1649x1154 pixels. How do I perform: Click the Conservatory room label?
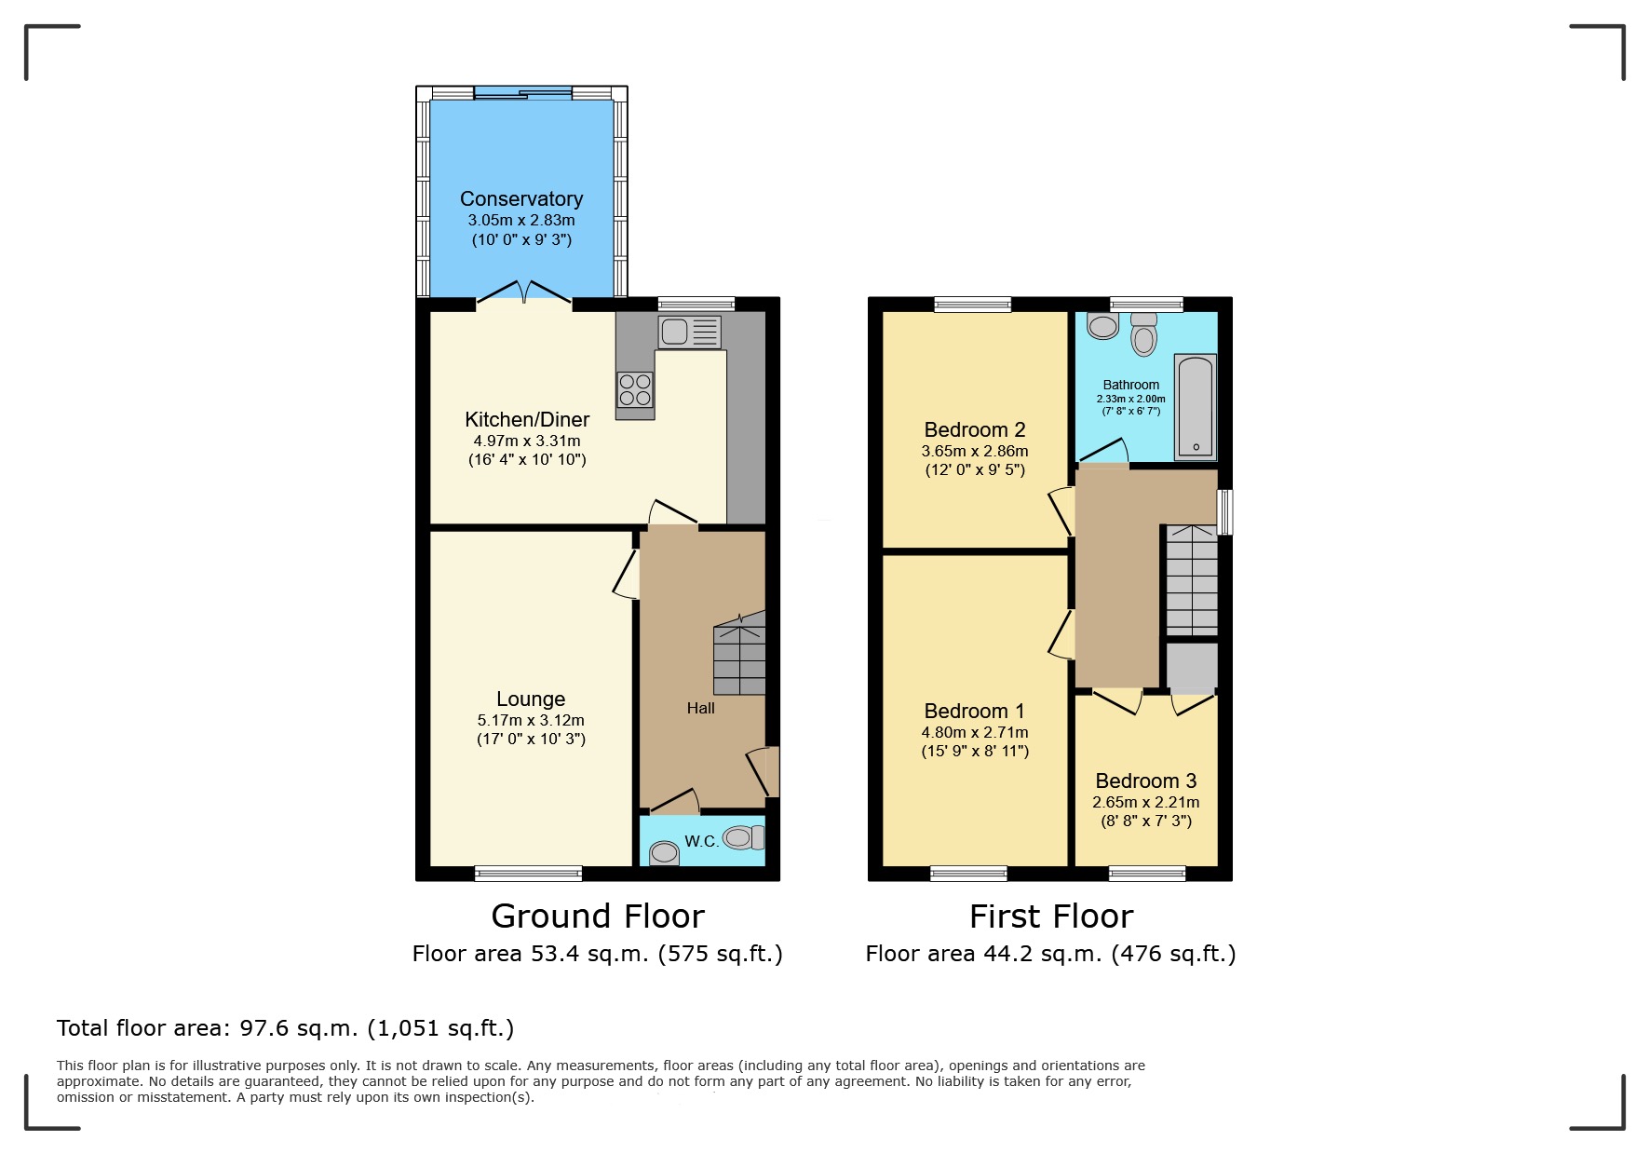pyautogui.click(x=521, y=198)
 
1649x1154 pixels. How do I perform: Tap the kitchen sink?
pyautogui.click(x=690, y=332)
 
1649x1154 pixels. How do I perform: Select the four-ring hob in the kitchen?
pyautogui.click(x=635, y=389)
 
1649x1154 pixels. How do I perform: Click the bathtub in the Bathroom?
pyautogui.click(x=1196, y=407)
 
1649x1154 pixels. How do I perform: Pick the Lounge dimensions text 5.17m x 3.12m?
pyautogui.click(x=531, y=720)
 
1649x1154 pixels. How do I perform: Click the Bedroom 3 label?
pyautogui.click(x=1146, y=781)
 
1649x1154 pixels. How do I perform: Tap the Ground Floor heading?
pyautogui.click(x=598, y=916)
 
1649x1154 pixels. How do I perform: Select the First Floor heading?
pyautogui.click(x=1051, y=916)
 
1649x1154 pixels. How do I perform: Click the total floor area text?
pyautogui.click(x=285, y=1028)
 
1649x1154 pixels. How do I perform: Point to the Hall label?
pyautogui.click(x=701, y=708)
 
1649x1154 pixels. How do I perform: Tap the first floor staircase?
pyautogui.click(x=1192, y=580)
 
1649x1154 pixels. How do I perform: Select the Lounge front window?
pyautogui.click(x=528, y=874)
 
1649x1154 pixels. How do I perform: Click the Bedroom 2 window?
pyautogui.click(x=973, y=304)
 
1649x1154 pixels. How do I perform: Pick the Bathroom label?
pyautogui.click(x=1131, y=385)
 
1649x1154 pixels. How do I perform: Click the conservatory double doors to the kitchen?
pyautogui.click(x=524, y=293)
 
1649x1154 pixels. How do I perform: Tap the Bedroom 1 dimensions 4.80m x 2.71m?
pyautogui.click(x=975, y=732)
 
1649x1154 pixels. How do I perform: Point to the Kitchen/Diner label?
pyautogui.click(x=527, y=419)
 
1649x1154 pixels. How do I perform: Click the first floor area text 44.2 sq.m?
pyautogui.click(x=1050, y=954)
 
